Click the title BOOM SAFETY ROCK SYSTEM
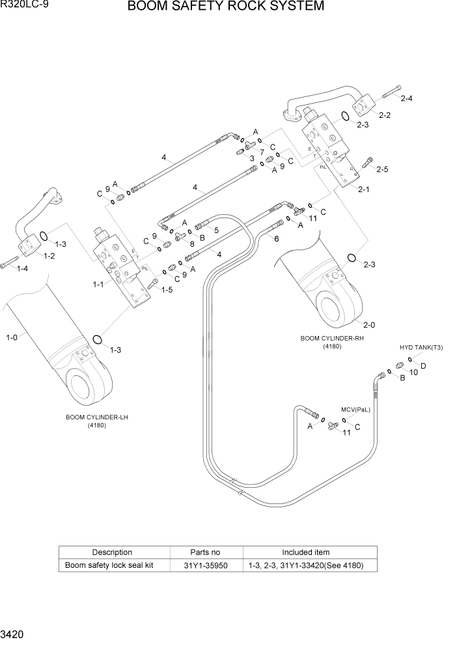pos(225,7)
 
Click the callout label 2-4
pos(408,99)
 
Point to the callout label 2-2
pos(384,115)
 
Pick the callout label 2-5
pos(381,169)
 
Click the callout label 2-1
pos(364,190)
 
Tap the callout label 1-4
pos(21,268)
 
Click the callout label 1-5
pos(167,290)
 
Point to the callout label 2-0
pos(369,325)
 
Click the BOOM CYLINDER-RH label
pos(331,339)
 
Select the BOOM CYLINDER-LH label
pos(96,417)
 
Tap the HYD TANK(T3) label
pos(421,348)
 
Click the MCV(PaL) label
pos(355,410)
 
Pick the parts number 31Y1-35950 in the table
pos(206,565)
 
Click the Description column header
pos(112,552)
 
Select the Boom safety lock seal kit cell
pos(109,565)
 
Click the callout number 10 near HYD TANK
pos(413,372)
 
